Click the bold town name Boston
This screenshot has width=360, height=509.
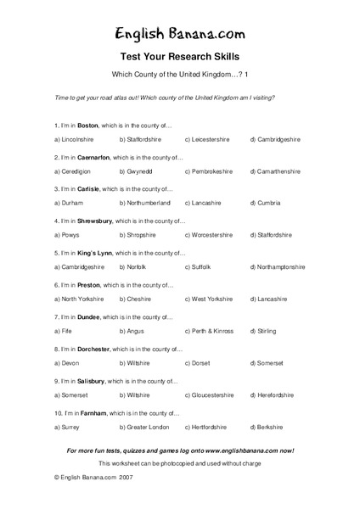[87, 126]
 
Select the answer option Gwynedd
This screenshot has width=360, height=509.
[138, 171]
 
